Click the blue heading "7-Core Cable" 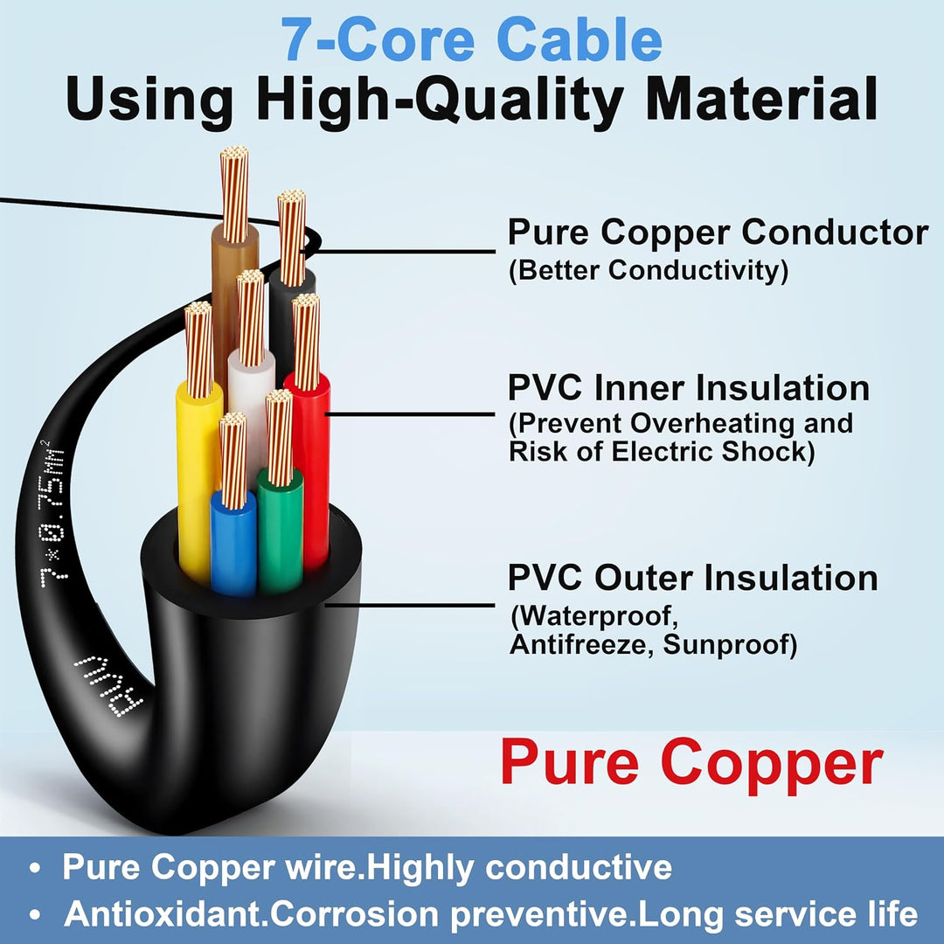[472, 39]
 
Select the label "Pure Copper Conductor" [718, 233]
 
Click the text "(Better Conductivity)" [649, 270]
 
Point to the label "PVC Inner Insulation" [689, 387]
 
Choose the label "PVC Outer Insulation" [692, 578]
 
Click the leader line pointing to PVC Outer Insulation [409, 605]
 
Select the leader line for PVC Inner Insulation [409, 414]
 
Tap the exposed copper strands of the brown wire [234, 194]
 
